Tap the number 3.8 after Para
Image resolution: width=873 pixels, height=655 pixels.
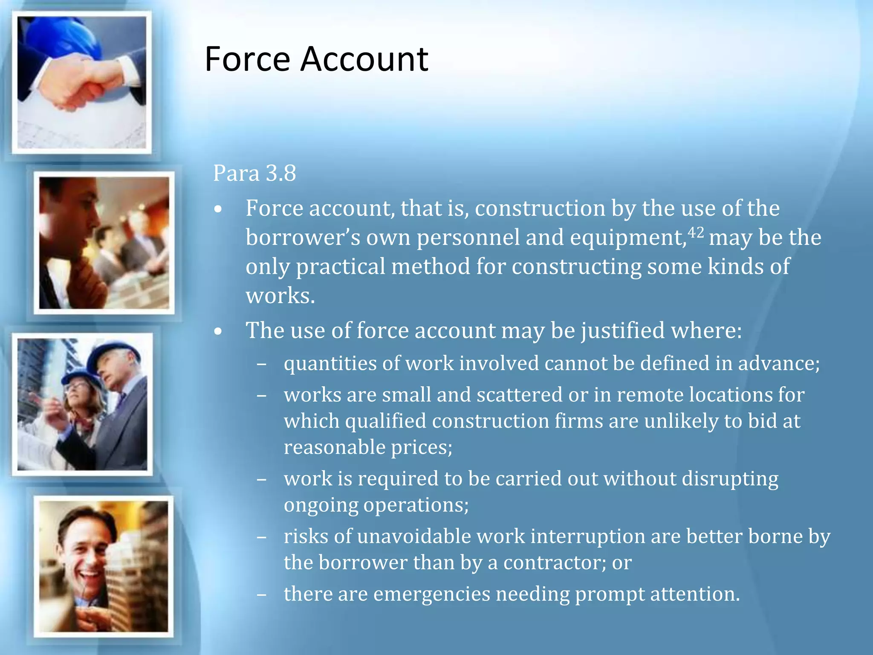[x=280, y=173]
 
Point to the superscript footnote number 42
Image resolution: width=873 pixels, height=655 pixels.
[x=696, y=232]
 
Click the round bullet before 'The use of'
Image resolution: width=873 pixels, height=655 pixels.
[x=218, y=331]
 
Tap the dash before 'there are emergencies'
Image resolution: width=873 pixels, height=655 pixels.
[x=262, y=594]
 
